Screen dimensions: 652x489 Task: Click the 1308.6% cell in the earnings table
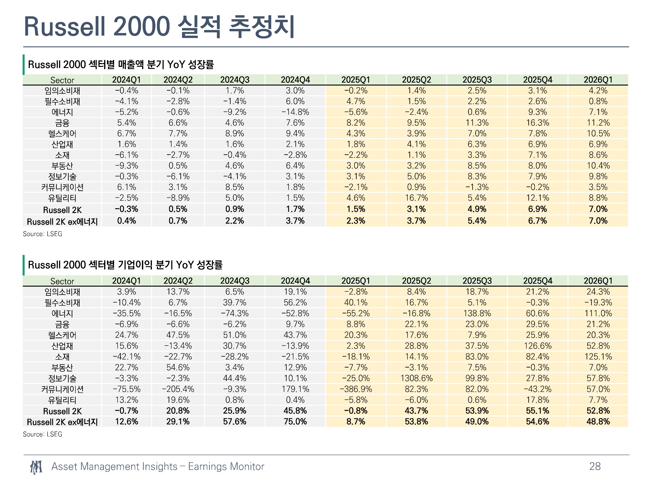(416, 378)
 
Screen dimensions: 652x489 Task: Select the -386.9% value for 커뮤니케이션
(356, 389)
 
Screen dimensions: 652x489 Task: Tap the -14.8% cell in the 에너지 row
(295, 112)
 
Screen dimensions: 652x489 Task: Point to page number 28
(595, 466)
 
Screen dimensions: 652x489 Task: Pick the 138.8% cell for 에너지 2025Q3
(477, 313)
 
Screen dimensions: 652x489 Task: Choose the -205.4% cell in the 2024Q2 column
(178, 389)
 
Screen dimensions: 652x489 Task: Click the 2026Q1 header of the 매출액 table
(598, 80)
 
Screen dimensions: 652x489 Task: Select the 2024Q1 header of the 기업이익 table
(126, 281)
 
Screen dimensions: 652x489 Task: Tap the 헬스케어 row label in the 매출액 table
(62, 133)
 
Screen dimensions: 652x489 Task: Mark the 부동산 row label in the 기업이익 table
(62, 368)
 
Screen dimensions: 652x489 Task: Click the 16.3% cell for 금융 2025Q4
(537, 123)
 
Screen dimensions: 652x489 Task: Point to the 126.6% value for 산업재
(537, 346)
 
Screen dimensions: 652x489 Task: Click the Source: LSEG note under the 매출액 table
(42, 234)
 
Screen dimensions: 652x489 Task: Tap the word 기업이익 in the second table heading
(135, 265)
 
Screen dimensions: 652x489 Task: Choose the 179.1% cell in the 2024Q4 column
(295, 389)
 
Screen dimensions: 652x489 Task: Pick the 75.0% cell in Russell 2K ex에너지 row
(295, 421)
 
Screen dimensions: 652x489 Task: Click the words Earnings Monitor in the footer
(226, 466)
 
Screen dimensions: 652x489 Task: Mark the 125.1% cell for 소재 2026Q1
(598, 357)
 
